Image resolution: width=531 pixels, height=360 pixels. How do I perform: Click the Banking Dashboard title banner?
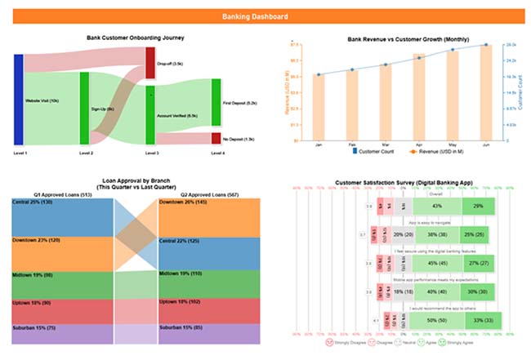click(265, 16)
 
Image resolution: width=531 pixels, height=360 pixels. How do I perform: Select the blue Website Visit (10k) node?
click(19, 100)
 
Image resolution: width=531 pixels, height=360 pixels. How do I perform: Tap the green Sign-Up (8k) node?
click(84, 107)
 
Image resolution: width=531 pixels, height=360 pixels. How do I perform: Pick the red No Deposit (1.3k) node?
click(216, 139)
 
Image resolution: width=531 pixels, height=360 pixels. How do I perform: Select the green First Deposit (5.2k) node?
click(216, 103)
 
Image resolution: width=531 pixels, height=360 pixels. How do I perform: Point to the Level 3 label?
click(152, 153)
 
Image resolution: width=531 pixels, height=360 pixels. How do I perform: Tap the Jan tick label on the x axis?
click(319, 144)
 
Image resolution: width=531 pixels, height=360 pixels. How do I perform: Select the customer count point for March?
click(386, 65)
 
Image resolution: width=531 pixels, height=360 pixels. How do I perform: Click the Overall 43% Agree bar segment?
click(437, 207)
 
